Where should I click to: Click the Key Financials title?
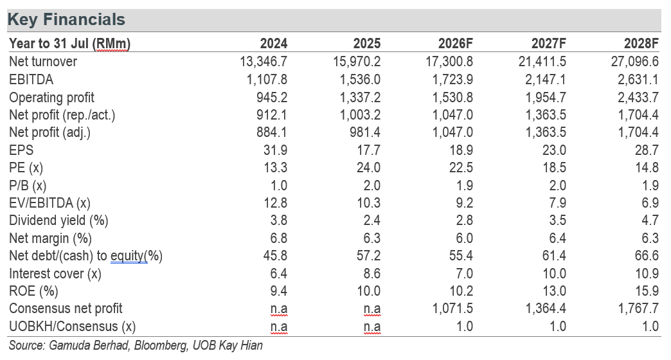pos(66,20)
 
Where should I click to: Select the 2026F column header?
pos(455,43)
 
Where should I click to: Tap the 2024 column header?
pos(273,43)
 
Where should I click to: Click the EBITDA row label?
pos(31,80)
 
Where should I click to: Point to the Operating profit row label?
pos(52,98)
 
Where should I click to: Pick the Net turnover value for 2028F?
pos(634,62)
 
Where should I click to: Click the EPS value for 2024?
pos(275,150)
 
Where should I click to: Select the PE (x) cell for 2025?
pos(368,167)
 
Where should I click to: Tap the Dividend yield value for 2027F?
pos(558,221)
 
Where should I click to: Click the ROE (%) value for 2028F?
pos(647,291)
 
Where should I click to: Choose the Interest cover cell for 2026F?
pos(464,273)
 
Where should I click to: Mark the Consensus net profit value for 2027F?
pos(546,309)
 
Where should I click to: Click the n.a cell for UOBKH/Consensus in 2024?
pos(278,327)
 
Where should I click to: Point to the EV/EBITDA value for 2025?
pos(368,203)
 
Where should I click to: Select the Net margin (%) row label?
pos(50,239)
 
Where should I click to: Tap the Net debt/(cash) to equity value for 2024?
pos(275,256)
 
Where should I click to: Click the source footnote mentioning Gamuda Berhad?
pos(136,345)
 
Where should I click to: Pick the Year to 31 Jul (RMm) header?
pos(70,44)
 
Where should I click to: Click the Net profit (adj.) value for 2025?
pos(365,132)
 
